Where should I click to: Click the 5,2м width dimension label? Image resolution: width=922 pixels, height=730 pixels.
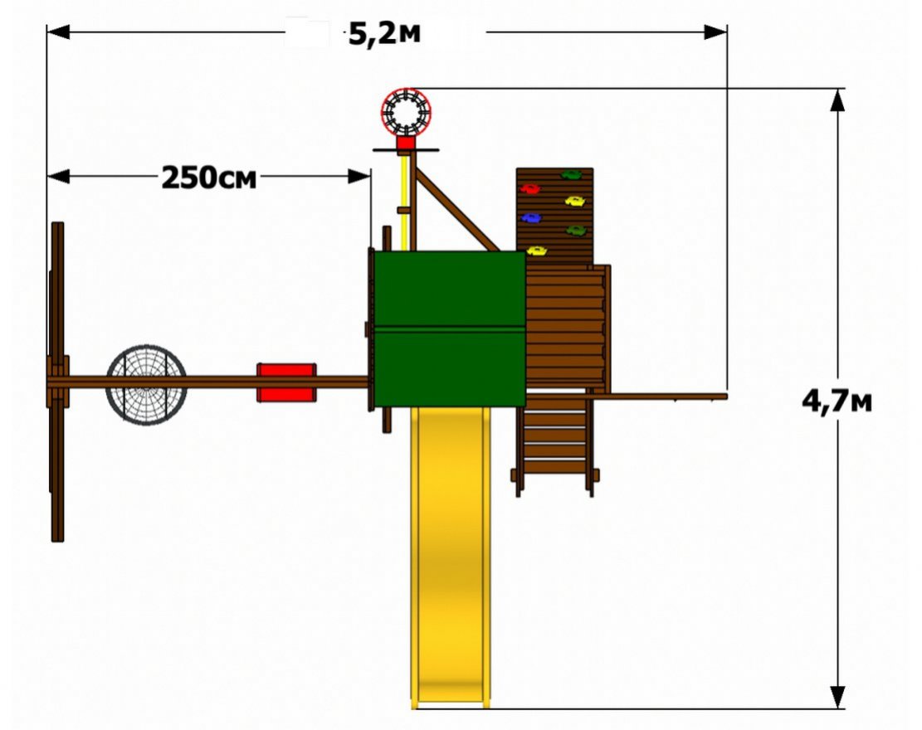[384, 33]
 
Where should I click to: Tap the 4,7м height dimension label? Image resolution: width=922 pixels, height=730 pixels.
[837, 402]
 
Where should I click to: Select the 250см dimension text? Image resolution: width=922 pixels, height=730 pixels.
[209, 178]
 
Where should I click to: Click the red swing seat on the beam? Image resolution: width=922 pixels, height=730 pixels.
[286, 382]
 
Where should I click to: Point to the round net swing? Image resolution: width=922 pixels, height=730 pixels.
[146, 384]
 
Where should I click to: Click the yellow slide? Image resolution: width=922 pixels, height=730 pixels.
[451, 556]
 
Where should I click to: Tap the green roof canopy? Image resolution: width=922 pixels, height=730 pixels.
[450, 328]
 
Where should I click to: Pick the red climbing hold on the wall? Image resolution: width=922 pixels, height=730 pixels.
[529, 188]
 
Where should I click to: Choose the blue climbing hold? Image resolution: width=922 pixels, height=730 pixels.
[531, 218]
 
